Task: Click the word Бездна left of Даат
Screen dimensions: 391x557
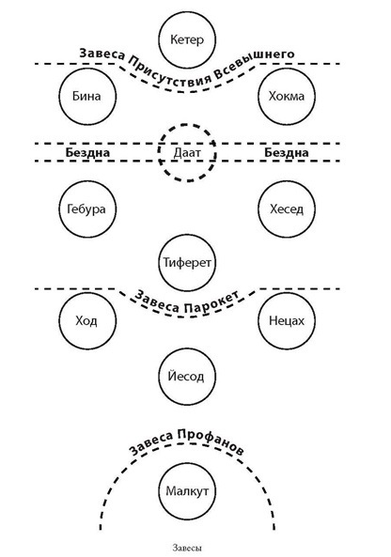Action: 87,153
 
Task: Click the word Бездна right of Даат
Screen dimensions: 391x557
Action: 286,153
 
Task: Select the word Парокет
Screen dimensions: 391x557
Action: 211,303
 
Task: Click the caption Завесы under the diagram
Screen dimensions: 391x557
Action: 187,548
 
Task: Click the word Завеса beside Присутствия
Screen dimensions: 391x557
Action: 102,54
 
